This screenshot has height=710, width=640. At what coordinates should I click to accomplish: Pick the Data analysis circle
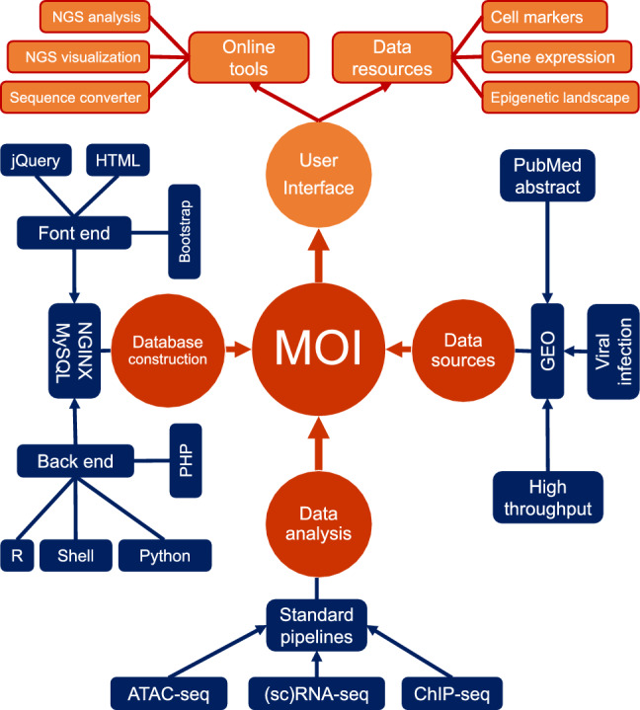[x=318, y=520]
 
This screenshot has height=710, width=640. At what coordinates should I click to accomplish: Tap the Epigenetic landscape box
[x=554, y=98]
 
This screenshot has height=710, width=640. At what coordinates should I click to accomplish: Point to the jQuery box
[x=36, y=159]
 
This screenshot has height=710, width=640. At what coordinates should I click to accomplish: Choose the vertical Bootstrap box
[x=185, y=229]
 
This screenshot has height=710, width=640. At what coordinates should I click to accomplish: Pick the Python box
[x=166, y=555]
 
